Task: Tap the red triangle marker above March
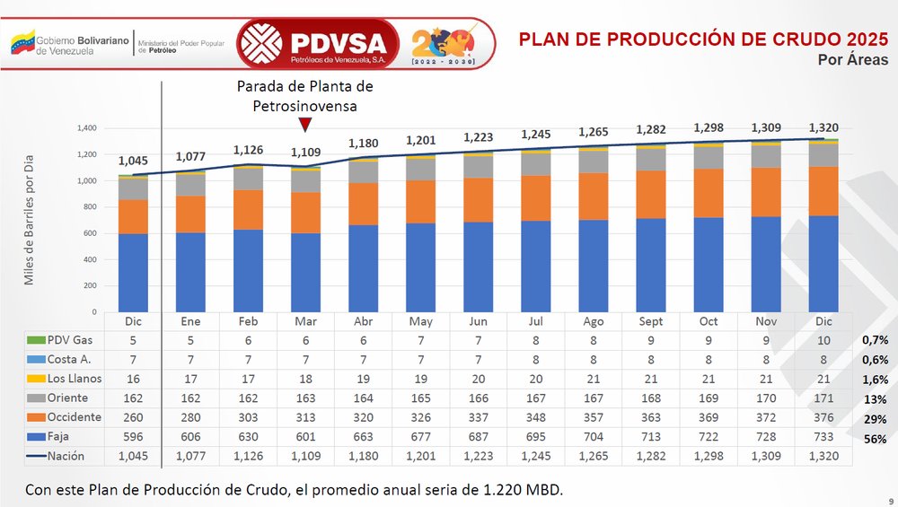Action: (x=305, y=124)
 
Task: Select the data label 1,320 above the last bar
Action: (x=823, y=127)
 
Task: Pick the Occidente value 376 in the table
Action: (x=823, y=418)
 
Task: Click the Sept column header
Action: (x=651, y=321)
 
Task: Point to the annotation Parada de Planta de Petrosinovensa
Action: (x=304, y=96)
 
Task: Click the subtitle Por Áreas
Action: (x=853, y=60)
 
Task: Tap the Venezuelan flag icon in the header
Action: (x=22, y=41)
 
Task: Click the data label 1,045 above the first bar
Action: (x=133, y=162)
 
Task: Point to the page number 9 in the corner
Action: (x=890, y=501)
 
